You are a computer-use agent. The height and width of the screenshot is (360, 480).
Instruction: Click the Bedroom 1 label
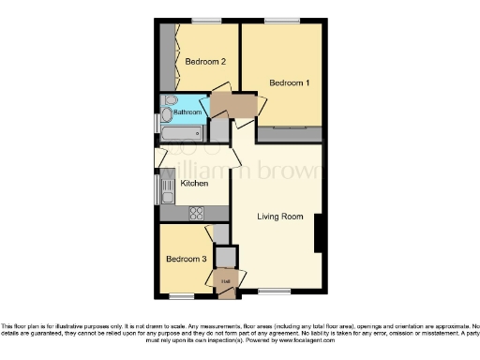click(289, 83)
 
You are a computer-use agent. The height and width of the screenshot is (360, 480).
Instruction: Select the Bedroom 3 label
click(186, 259)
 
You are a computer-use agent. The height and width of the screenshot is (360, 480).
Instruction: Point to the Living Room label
click(281, 217)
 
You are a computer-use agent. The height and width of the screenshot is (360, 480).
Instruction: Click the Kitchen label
click(194, 184)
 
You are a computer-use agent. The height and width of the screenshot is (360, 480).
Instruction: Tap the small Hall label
click(226, 279)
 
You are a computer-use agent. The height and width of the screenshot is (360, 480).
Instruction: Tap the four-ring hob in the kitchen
click(198, 212)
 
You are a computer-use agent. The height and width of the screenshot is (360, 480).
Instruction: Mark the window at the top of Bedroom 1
click(277, 21)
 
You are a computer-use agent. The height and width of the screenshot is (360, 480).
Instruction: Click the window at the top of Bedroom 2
click(206, 21)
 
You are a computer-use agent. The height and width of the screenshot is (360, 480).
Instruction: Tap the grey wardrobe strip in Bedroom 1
click(290, 134)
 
